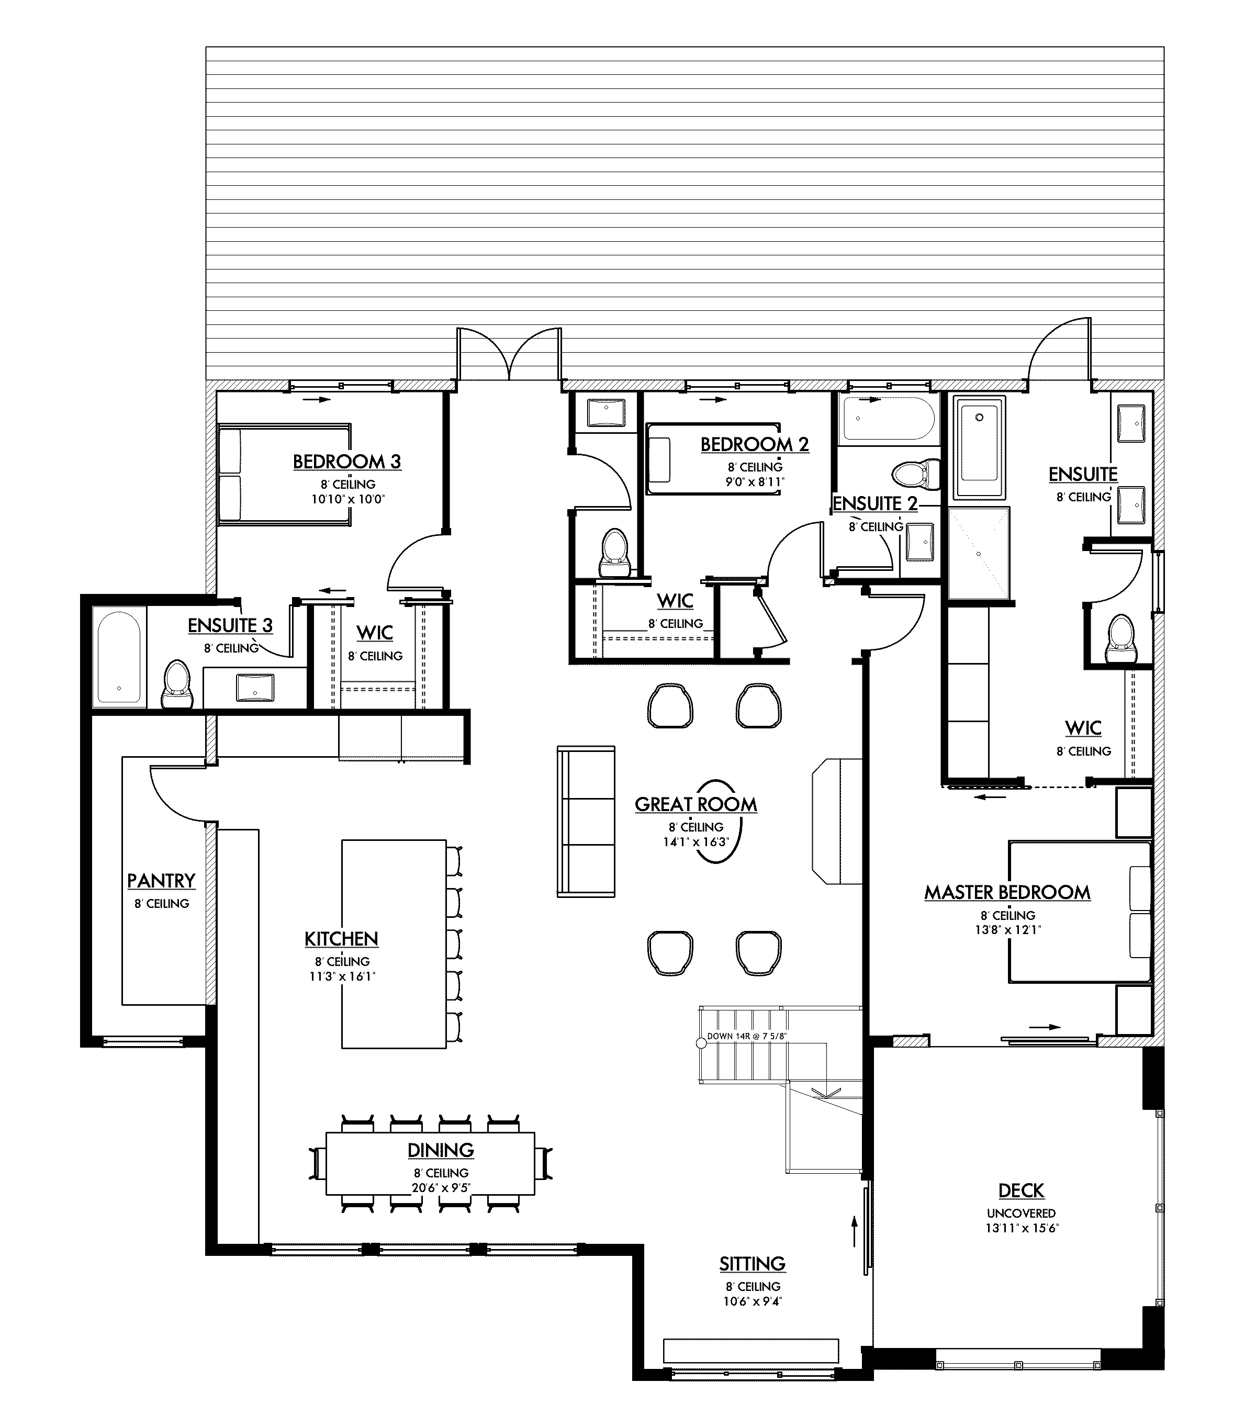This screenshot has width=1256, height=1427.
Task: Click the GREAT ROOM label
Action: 696,804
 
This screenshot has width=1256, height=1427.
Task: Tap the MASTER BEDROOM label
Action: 1007,892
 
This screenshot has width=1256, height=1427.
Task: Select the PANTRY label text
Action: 161,881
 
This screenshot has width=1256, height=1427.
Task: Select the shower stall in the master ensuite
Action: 978,553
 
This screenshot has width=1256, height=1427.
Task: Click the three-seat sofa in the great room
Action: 585,821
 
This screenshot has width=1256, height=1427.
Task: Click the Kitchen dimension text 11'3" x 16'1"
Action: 342,976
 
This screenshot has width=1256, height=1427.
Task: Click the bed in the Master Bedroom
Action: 1079,912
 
